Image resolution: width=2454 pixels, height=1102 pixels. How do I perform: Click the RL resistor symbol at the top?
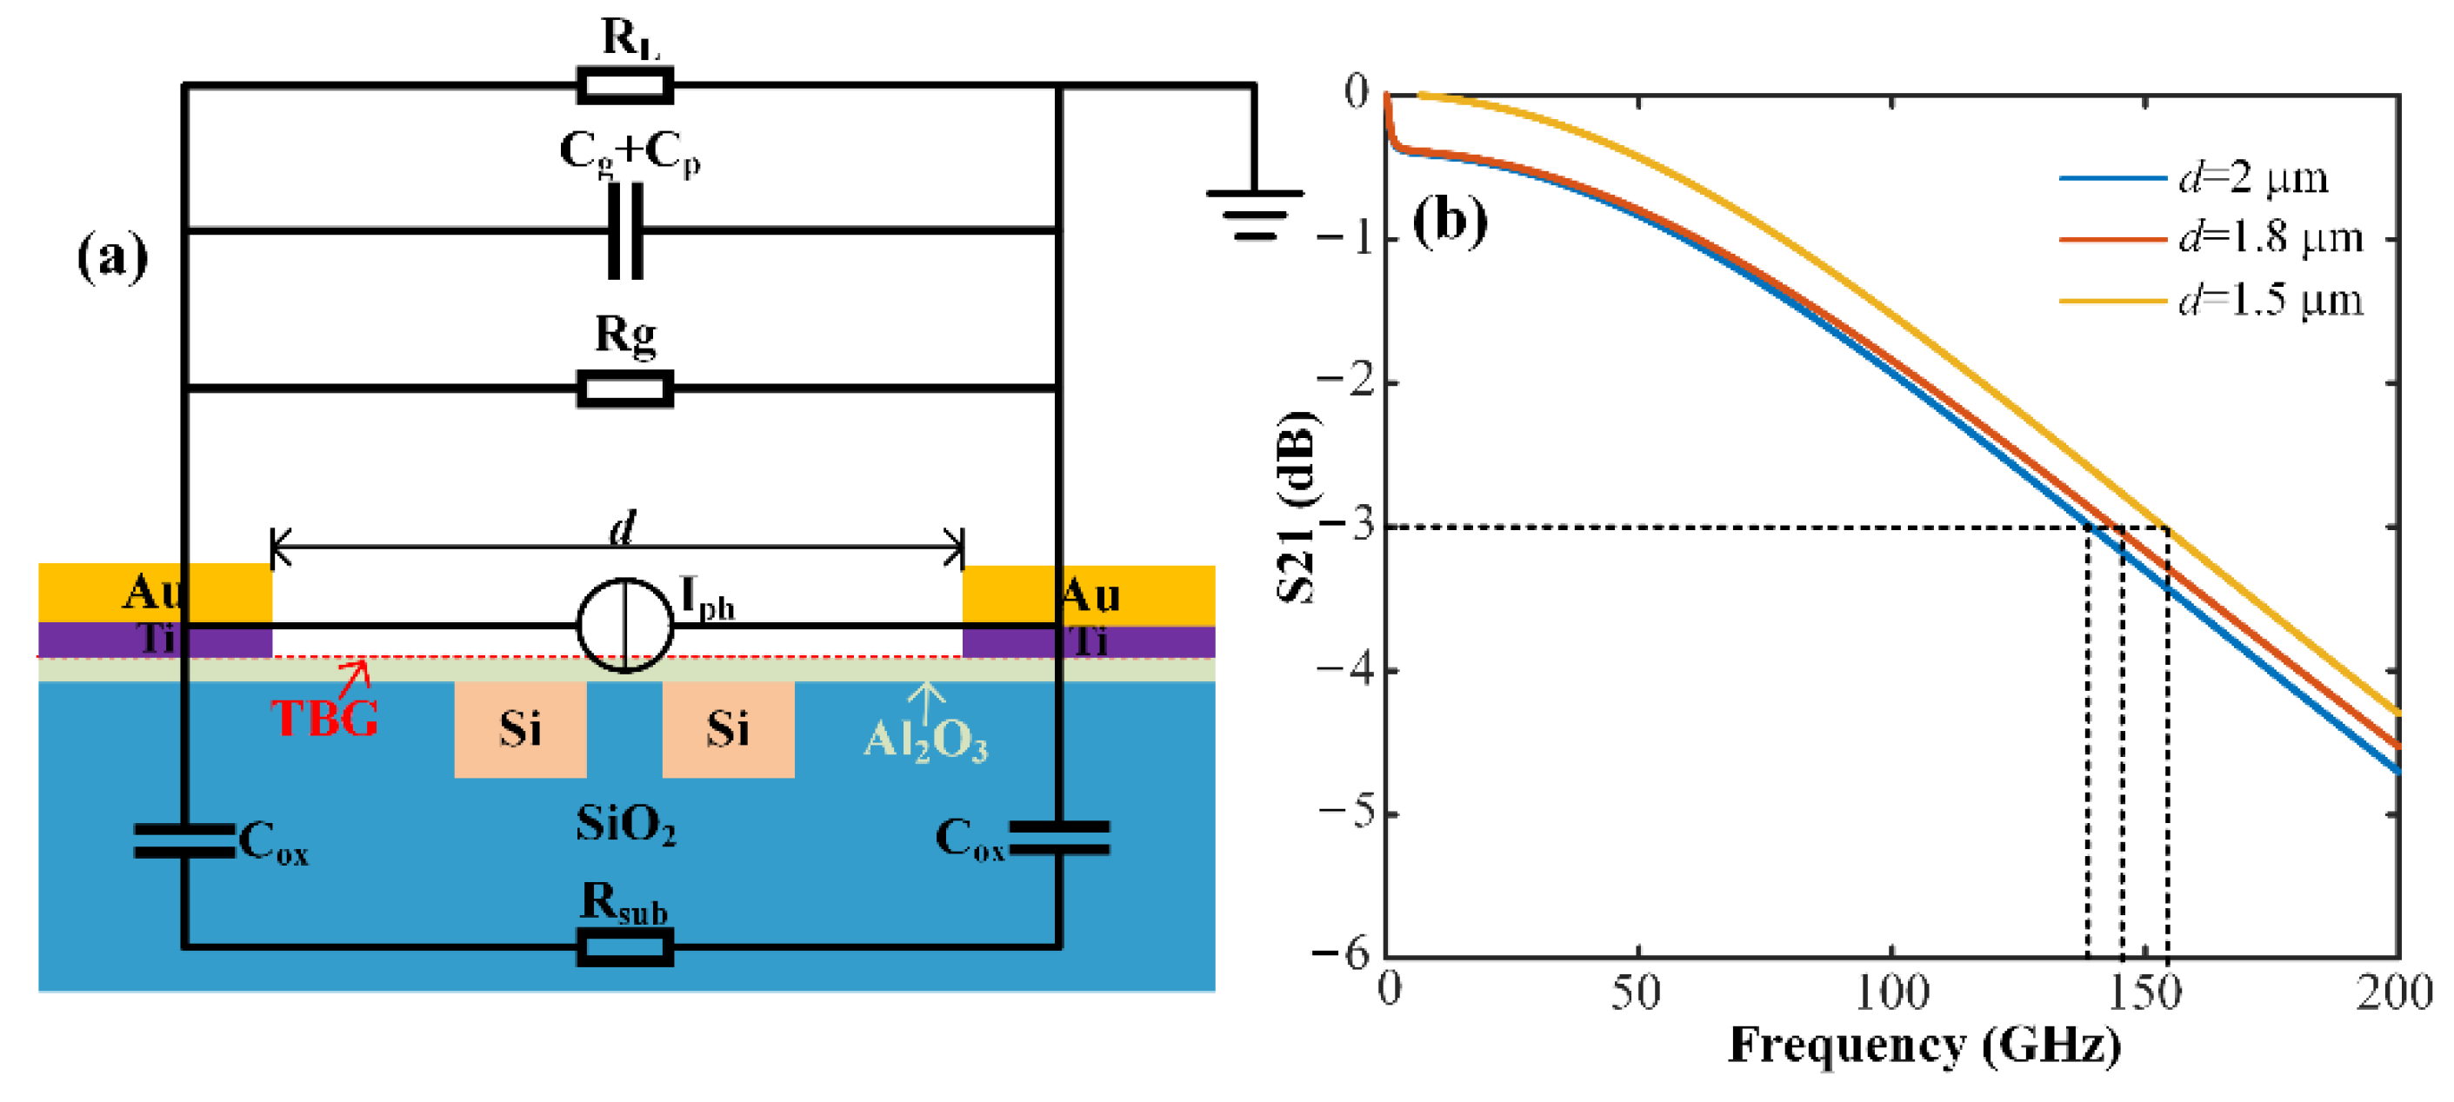tap(625, 86)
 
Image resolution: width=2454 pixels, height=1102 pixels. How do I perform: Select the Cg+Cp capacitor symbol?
tap(625, 230)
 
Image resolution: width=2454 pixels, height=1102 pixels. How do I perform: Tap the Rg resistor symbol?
tap(625, 388)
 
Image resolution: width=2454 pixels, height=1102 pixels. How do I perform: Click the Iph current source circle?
tap(625, 626)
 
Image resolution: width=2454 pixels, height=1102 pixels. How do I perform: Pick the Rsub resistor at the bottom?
tap(625, 947)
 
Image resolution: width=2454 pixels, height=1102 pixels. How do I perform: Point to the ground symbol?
tap(1254, 211)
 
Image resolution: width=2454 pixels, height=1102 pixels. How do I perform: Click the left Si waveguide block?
tap(520, 729)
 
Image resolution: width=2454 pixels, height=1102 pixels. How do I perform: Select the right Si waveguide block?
tap(728, 729)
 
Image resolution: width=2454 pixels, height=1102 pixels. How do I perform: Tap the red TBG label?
tap(323, 718)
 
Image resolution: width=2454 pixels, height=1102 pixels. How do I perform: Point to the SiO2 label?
tap(625, 824)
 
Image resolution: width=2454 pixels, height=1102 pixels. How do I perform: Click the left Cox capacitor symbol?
tap(183, 841)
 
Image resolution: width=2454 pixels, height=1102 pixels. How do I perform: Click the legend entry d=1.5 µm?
tap(2267, 300)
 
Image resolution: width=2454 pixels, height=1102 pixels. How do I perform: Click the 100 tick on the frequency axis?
tap(1892, 992)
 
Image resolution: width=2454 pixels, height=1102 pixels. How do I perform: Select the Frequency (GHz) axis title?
tap(1924, 1046)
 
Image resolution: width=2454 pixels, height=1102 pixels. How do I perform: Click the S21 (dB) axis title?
tap(1297, 507)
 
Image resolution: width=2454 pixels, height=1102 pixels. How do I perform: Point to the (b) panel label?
tap(1449, 222)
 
